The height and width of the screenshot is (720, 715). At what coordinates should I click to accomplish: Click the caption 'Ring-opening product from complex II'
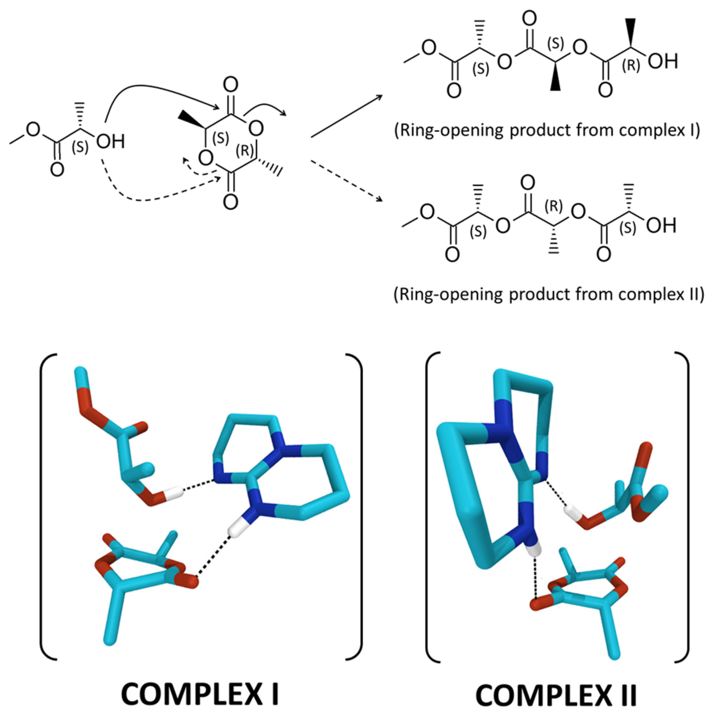pos(549,294)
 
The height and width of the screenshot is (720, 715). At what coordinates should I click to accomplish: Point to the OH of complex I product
pos(662,61)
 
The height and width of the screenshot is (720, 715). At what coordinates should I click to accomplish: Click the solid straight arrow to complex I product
pos(347,116)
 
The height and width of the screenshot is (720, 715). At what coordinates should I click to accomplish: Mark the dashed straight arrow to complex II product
pos(347,181)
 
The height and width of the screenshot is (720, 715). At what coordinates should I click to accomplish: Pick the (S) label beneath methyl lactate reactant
pos(80,148)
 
